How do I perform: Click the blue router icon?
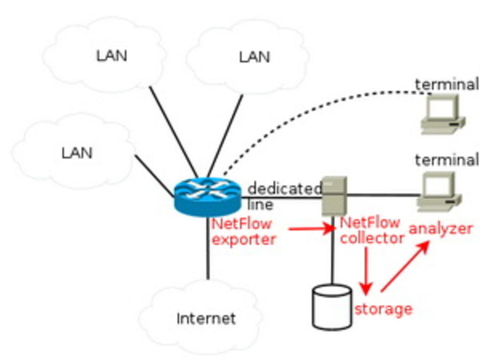pos(206,196)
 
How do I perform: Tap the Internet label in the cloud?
pos(206,319)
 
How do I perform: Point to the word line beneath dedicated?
pos(260,205)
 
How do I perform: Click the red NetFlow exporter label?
pos(243,231)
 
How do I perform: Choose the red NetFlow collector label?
pos(372,231)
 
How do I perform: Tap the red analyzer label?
pos(440,229)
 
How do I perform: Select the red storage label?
pos(383,308)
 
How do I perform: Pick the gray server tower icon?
pos(334,196)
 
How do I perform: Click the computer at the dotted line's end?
pos(442,115)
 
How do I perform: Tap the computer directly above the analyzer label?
pos(439,192)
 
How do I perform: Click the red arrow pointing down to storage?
pos(365,271)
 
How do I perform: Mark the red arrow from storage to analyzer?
pos(404,267)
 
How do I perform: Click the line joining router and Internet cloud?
pos(208,248)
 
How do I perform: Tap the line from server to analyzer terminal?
pos(383,195)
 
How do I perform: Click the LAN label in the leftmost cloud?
pos(77,152)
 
